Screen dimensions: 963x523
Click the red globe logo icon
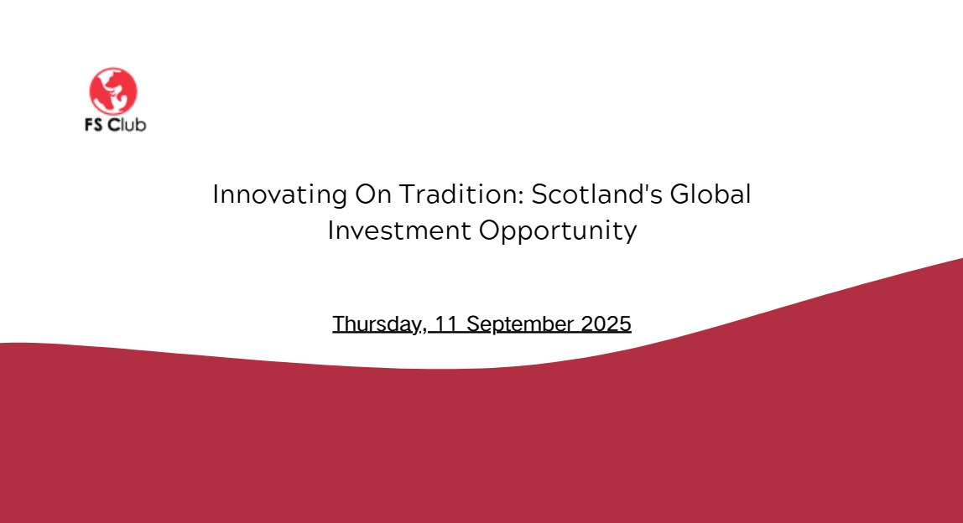point(113,91)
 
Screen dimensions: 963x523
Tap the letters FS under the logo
point(93,125)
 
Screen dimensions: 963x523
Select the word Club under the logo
point(128,124)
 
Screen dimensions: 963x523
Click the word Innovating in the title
point(280,195)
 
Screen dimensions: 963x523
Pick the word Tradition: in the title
point(461,194)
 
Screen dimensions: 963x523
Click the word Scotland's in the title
point(596,194)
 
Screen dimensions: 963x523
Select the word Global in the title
point(710,194)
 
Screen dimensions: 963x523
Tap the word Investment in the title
point(399,230)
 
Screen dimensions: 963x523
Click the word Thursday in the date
point(377,324)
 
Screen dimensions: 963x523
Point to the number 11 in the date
point(446,324)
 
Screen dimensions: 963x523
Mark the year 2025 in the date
point(606,324)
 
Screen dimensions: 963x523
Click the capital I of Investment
point(331,230)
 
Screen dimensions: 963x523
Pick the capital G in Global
point(682,194)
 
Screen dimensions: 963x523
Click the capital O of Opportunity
point(491,230)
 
